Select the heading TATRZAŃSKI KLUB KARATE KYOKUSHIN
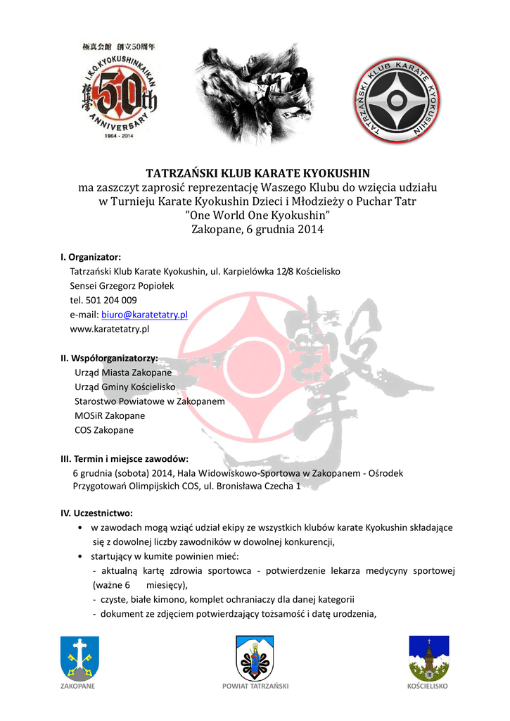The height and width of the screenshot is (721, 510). click(257, 173)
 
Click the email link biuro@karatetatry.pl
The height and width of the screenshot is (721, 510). click(144, 315)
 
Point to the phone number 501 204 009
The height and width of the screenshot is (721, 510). click(107, 300)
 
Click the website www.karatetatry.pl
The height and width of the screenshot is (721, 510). click(110, 329)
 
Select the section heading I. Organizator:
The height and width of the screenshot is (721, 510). click(91, 257)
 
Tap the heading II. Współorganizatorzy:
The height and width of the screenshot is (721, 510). click(108, 358)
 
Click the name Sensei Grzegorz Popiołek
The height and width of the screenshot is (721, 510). click(122, 286)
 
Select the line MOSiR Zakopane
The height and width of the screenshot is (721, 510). click(110, 415)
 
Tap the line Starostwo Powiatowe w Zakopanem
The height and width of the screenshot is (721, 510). click(149, 401)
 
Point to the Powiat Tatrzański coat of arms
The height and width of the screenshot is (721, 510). click(255, 658)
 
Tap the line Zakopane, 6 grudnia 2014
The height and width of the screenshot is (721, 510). click(257, 230)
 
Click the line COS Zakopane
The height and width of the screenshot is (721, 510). click(104, 430)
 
